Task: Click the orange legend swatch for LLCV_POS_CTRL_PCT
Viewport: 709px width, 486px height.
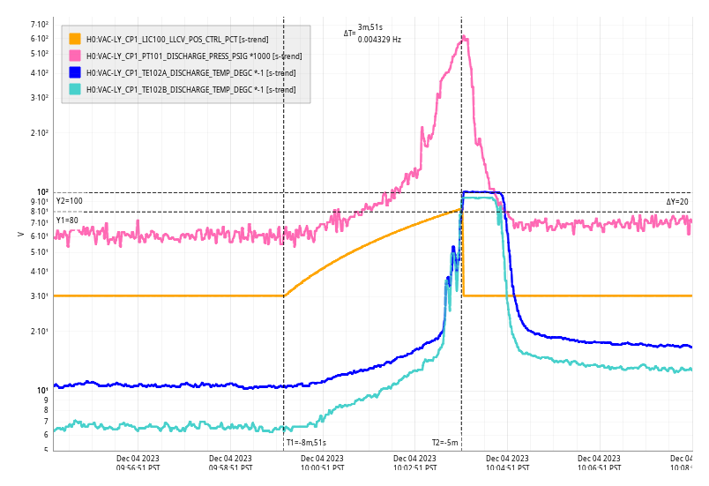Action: click(x=75, y=39)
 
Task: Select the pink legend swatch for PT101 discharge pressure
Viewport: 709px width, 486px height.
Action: click(x=75, y=56)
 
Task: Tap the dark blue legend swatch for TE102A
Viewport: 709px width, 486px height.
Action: click(x=75, y=72)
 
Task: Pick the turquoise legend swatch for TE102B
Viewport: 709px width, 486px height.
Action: click(x=75, y=89)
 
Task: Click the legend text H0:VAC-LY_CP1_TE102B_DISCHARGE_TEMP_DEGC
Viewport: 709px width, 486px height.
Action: click(x=190, y=89)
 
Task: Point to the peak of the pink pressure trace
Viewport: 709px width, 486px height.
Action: click(x=464, y=37)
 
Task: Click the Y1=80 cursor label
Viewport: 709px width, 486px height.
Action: click(x=67, y=220)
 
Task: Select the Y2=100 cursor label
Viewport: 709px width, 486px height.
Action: click(x=69, y=201)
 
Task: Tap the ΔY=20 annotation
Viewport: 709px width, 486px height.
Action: click(x=677, y=202)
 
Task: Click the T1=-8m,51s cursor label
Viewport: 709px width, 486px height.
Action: click(x=306, y=443)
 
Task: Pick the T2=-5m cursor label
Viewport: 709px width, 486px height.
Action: click(x=444, y=443)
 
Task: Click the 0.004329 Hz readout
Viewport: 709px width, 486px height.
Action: click(x=379, y=40)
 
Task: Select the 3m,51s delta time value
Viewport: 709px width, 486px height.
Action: click(x=369, y=28)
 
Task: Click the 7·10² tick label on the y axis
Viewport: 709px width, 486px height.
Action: click(x=39, y=25)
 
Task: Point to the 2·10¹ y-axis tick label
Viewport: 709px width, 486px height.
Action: click(x=39, y=332)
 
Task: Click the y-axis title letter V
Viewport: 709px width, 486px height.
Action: click(x=21, y=234)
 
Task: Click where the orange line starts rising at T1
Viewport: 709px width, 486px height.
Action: click(x=284, y=295)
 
